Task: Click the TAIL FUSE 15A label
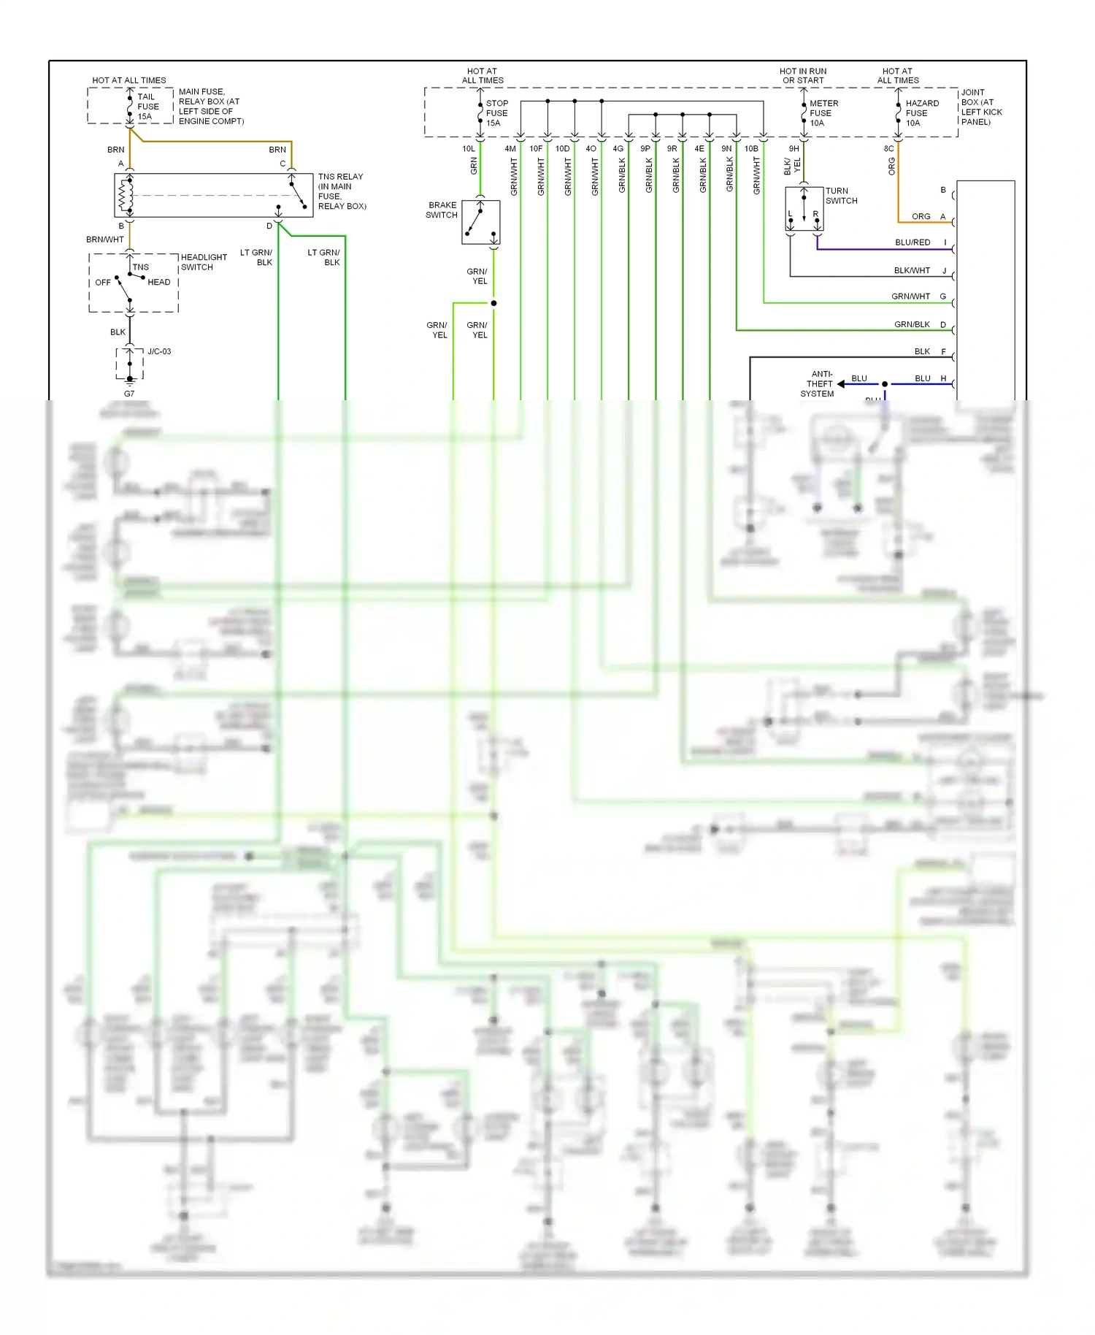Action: pos(147,107)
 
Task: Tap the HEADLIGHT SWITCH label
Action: pos(204,262)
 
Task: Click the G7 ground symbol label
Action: pos(129,394)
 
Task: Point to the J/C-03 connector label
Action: pos(159,351)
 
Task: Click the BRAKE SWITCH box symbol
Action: pos(480,222)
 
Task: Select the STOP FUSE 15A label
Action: pos(496,113)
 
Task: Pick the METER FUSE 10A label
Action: pos(823,113)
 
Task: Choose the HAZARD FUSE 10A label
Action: pos(921,113)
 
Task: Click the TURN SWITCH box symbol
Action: pos(804,209)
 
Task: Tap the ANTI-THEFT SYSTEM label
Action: pos(818,383)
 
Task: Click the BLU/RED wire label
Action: pos(912,242)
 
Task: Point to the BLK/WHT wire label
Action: pos(912,270)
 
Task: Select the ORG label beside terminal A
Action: pos(921,216)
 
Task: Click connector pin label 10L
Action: pos(469,148)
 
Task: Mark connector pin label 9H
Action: pos(794,148)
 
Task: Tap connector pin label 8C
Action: pos(888,148)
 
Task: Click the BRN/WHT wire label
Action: pos(105,240)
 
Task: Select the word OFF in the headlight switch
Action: pos(103,283)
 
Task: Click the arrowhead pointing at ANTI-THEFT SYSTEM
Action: pos(841,383)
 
